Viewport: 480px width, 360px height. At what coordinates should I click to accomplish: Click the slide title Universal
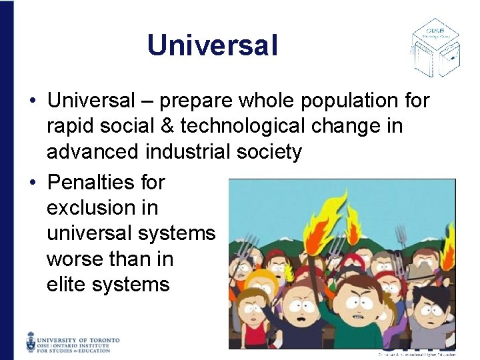point(212,45)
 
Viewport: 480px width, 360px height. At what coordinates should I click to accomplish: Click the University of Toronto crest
point(32,341)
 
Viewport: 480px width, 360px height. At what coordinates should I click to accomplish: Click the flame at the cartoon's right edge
point(449,240)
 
